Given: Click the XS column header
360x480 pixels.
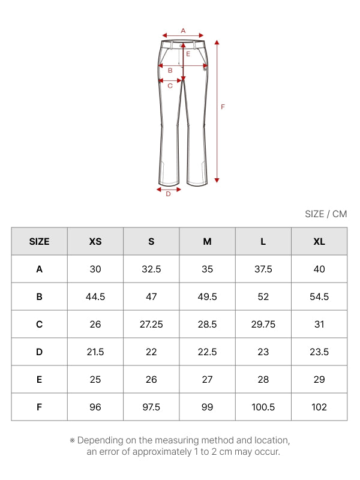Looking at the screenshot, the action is tap(95, 242).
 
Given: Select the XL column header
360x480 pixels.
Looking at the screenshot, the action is tap(319, 242).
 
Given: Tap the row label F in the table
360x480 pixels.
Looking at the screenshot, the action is tap(39, 407).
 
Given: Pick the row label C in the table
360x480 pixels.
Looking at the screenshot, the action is tap(39, 324).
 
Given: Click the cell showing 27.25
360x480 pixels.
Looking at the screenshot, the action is tap(151, 324).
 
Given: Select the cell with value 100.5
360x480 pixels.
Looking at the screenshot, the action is tap(263, 407).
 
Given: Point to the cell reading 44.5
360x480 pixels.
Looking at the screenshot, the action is tap(95, 296).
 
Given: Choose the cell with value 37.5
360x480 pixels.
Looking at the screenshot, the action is tap(263, 269).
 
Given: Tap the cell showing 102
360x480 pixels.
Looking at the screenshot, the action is tap(319, 407).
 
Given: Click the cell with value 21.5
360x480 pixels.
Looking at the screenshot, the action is tap(95, 352).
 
